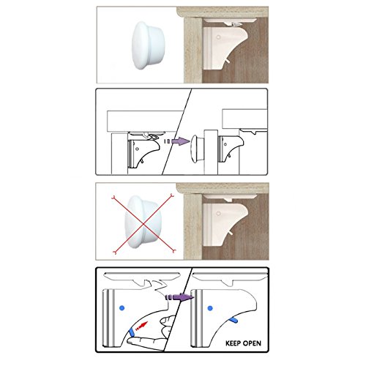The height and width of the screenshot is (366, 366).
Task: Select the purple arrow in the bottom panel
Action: tap(179, 297)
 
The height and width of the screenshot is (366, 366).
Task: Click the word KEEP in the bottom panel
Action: tap(234, 343)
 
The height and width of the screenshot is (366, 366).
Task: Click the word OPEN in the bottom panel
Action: tap(253, 343)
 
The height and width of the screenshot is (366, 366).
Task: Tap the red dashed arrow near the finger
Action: tap(141, 326)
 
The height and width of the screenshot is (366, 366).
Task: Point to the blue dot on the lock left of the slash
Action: tap(122, 308)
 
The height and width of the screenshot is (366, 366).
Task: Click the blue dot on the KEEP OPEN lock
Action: tap(210, 308)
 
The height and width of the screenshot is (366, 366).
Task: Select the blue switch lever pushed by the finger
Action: tap(132, 332)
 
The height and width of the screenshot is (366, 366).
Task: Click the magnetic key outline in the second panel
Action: tap(198, 149)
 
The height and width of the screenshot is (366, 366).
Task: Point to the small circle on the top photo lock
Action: tap(219, 37)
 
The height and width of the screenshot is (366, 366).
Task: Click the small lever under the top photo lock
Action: tap(228, 61)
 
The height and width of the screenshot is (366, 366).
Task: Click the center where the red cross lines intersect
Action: tap(143, 223)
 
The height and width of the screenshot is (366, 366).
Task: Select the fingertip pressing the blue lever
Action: tap(130, 341)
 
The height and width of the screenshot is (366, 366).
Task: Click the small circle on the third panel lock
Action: tap(219, 213)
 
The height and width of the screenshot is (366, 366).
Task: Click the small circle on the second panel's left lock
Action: tap(138, 149)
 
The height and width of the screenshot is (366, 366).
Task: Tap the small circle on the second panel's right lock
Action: tap(225, 144)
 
